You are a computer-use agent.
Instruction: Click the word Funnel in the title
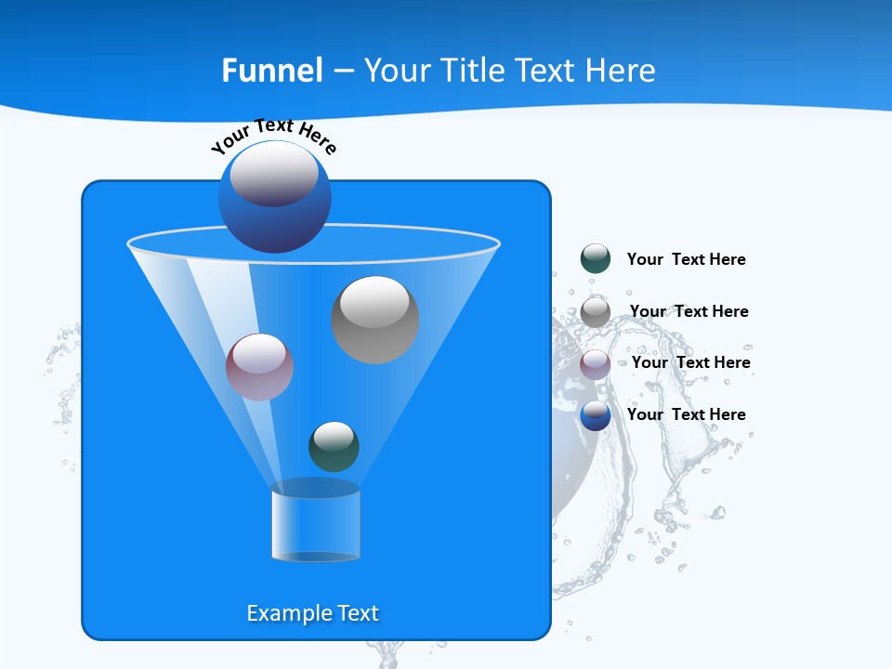click(271, 71)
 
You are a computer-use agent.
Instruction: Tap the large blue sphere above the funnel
click(275, 196)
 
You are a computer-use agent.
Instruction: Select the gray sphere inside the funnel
click(374, 319)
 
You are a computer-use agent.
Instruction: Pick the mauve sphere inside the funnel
click(259, 367)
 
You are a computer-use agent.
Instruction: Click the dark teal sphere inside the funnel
click(334, 446)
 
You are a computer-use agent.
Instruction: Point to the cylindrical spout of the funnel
click(315, 526)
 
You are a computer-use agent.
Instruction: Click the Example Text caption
click(312, 613)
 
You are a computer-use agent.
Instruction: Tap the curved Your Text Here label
click(273, 136)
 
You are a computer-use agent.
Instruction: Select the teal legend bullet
click(596, 259)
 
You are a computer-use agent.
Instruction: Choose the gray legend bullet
click(596, 311)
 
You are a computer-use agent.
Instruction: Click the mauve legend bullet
click(596, 363)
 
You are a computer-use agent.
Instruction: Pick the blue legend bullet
click(596, 415)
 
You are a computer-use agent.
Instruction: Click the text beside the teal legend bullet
click(686, 260)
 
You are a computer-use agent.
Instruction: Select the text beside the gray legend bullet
click(689, 311)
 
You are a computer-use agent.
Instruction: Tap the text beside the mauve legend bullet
click(690, 362)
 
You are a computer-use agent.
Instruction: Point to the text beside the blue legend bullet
click(686, 414)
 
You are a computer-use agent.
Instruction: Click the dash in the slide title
click(342, 72)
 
